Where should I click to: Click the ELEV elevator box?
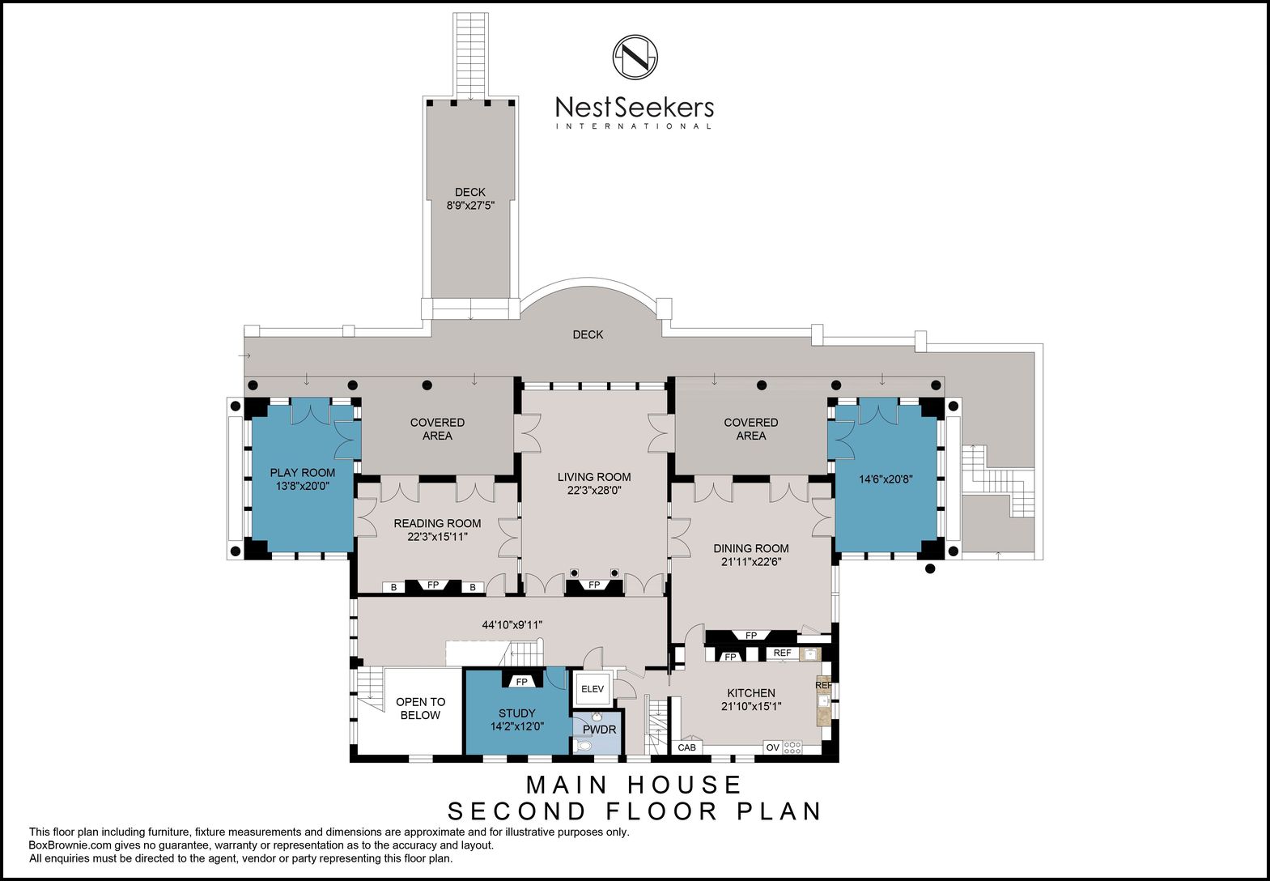click(593, 689)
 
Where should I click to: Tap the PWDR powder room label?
click(599, 730)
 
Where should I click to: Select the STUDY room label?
click(517, 713)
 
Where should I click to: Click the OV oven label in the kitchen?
click(773, 747)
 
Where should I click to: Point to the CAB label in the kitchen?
click(686, 747)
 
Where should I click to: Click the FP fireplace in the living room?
click(594, 585)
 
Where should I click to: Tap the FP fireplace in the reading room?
click(433, 585)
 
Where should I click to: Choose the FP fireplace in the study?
click(521, 682)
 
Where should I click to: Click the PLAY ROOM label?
click(302, 473)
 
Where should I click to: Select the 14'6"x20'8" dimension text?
click(886, 479)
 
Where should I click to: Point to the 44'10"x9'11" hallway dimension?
click(512, 625)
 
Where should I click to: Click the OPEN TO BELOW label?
click(421, 709)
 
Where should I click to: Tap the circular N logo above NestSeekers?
click(635, 57)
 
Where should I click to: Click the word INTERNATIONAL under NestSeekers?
click(634, 126)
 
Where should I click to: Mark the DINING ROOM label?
click(751, 548)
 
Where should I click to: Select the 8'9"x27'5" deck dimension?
click(470, 206)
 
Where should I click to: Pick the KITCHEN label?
click(751, 692)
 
